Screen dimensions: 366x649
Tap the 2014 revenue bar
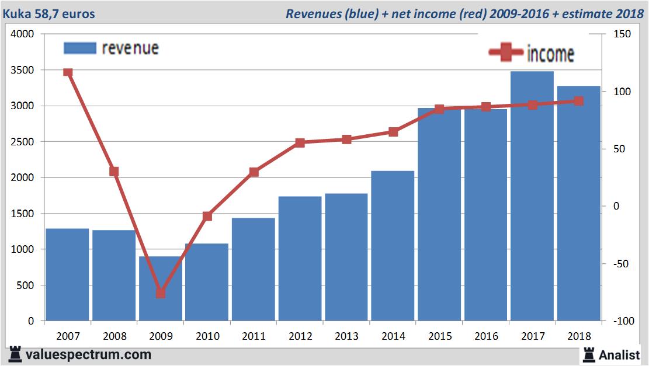pyautogui.click(x=393, y=245)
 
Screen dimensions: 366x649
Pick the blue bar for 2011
pyautogui.click(x=253, y=269)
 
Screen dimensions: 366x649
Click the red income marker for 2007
pyautogui.click(x=68, y=72)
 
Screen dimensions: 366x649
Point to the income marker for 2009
pyautogui.click(x=161, y=293)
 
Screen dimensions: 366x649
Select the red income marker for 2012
pyautogui.click(x=300, y=142)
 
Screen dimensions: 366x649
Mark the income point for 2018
pyautogui.click(x=578, y=101)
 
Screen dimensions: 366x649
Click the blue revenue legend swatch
pyautogui.click(x=79, y=48)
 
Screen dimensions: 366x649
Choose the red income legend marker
pyautogui.click(x=505, y=53)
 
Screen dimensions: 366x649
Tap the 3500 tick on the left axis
pyautogui.click(x=23, y=70)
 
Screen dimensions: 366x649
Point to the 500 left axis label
pyautogui.click(x=26, y=285)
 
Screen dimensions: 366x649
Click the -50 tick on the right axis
pyautogui.click(x=620, y=264)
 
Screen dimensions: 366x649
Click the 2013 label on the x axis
pyautogui.click(x=346, y=336)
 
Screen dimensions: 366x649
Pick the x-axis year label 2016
pyautogui.click(x=486, y=336)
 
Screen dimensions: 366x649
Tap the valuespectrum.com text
pyautogui.click(x=88, y=354)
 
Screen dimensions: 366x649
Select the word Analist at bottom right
pyautogui.click(x=619, y=354)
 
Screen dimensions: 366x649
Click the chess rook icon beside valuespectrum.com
pyautogui.click(x=16, y=354)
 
